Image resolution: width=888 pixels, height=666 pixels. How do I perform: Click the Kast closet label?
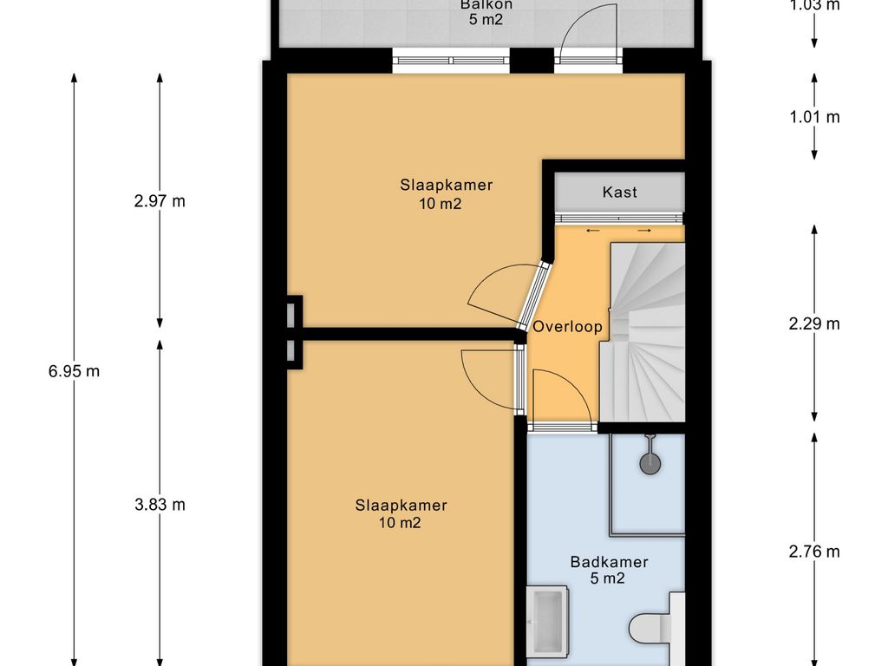(x=619, y=192)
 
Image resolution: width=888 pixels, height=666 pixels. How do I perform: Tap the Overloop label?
(x=567, y=327)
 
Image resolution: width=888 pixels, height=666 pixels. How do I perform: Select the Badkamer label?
(x=609, y=562)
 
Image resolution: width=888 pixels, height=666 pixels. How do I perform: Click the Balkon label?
(x=486, y=5)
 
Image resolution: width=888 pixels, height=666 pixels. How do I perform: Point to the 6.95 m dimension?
(x=75, y=371)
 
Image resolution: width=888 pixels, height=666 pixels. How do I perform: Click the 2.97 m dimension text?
(x=160, y=201)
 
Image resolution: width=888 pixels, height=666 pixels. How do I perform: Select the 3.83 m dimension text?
(x=160, y=505)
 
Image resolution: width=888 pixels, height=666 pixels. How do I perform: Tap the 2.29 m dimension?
(x=814, y=323)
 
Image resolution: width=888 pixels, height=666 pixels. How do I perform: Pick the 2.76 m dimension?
(x=814, y=551)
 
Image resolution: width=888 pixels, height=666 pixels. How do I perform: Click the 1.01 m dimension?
(x=814, y=117)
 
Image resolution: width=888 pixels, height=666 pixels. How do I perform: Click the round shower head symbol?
(x=650, y=463)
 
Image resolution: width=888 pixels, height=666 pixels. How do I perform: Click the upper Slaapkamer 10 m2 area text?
(x=440, y=203)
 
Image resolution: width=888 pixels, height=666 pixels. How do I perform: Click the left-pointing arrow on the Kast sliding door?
(x=593, y=231)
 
